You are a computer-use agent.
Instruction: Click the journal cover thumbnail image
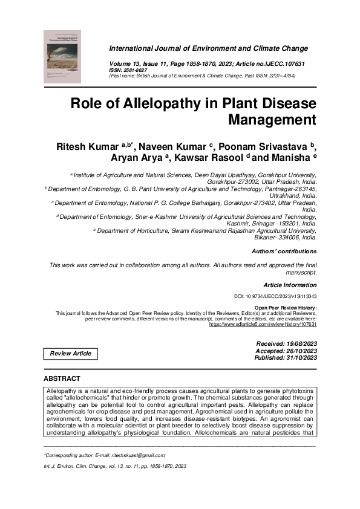pyautogui.click(x=62, y=56)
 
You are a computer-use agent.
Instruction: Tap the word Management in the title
pyautogui.click(x=272, y=120)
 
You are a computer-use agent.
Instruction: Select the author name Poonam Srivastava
pyautogui.click(x=260, y=149)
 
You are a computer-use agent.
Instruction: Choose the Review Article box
pyautogui.click(x=71, y=353)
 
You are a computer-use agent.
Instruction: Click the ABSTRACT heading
pyautogui.click(x=62, y=378)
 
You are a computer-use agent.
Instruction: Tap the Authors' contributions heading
pyautogui.click(x=284, y=251)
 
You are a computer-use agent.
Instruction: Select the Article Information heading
pyautogui.click(x=290, y=285)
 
